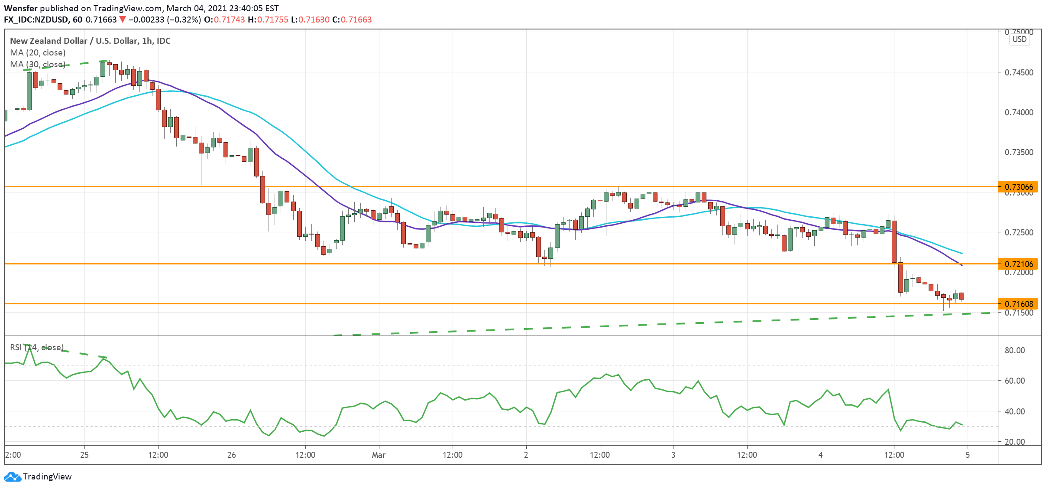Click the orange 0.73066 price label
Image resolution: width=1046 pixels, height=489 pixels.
1017,187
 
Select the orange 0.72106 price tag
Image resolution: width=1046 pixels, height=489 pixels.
1017,264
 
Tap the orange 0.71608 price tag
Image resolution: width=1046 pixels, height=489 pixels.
1017,304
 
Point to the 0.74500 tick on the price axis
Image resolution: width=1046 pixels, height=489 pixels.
1019,72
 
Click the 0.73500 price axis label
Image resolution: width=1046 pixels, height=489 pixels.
1019,152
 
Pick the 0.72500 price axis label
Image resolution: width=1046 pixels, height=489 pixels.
1019,232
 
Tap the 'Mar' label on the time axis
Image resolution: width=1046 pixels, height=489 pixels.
379,455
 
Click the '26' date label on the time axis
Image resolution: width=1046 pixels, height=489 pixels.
232,455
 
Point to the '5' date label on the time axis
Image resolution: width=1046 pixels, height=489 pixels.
968,455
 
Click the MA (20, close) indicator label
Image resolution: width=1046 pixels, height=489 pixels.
38,52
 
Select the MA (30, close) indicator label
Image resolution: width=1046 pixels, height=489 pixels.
38,64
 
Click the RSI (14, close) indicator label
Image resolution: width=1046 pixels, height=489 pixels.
37,347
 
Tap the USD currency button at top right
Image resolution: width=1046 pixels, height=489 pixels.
1019,39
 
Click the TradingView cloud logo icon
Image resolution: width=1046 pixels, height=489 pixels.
12,476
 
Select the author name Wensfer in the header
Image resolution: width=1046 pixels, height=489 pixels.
20,8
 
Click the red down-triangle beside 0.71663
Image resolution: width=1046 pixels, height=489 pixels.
123,20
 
